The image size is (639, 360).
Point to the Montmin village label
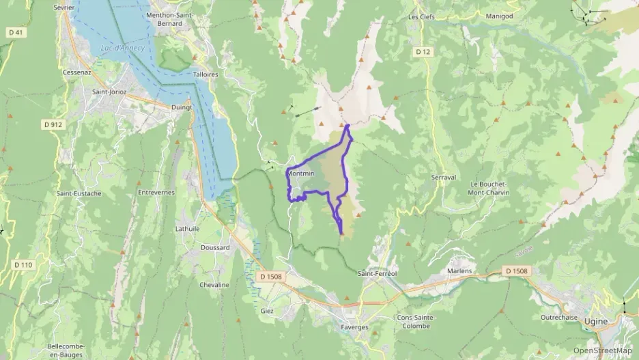[x=301, y=174]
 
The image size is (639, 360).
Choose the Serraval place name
[x=444, y=177]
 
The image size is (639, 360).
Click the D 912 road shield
[x=52, y=124]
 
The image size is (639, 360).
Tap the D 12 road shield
[x=423, y=52]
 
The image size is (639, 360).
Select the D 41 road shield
[x=16, y=32]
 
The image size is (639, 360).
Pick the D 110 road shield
[x=23, y=265]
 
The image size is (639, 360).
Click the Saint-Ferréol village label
[x=377, y=273]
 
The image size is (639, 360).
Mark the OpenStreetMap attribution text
[x=602, y=350]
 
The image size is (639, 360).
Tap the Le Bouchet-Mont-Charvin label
[x=490, y=189]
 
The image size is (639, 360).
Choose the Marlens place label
[x=459, y=271]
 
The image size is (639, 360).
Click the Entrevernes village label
[x=156, y=193]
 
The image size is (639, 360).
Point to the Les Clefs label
[x=421, y=16]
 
